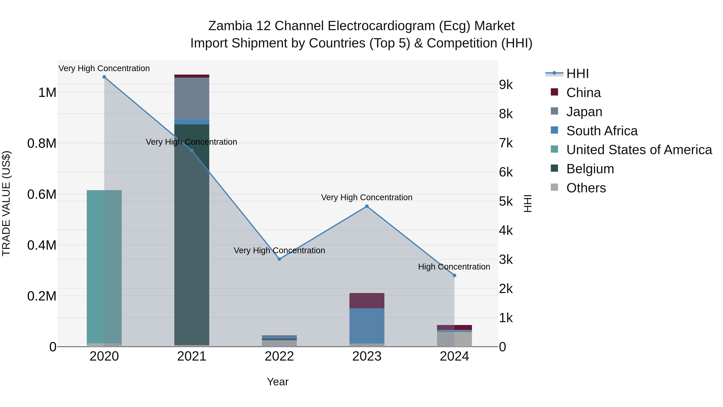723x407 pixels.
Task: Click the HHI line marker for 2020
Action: [104, 77]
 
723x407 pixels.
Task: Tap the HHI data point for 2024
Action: [454, 276]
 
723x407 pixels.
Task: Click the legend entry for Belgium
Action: [590, 169]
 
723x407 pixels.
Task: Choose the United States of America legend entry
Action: [639, 150]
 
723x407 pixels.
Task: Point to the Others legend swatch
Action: [554, 187]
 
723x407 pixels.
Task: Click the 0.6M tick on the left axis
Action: [42, 194]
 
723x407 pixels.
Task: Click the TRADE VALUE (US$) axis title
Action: [6, 203]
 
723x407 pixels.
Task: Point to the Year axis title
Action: [278, 382]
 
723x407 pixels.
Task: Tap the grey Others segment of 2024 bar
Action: [454, 339]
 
